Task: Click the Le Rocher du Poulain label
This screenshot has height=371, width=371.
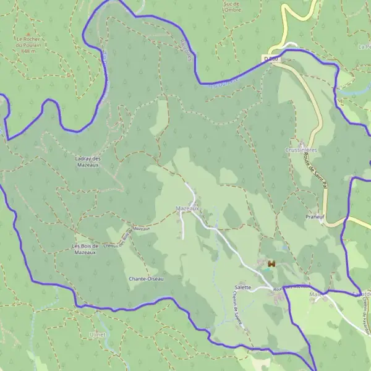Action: [x=27, y=41]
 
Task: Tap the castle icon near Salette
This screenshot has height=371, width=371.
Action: [x=270, y=263]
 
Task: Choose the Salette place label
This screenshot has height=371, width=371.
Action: [x=243, y=288]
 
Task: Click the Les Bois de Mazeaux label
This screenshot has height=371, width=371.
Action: [x=84, y=249]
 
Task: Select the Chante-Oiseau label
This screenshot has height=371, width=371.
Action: [x=147, y=278]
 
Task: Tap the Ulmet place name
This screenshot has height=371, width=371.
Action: [x=98, y=334]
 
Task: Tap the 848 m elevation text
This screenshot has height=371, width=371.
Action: [x=27, y=52]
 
